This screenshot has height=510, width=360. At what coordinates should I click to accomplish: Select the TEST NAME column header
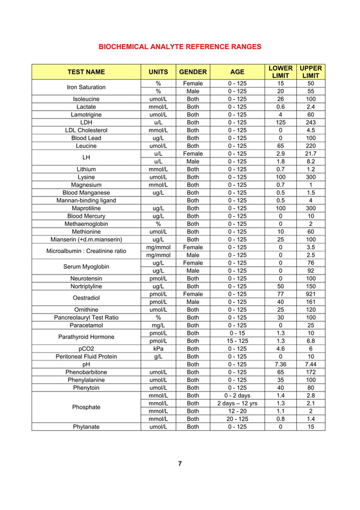[86, 72]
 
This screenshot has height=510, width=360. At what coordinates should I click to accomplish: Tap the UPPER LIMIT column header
[310, 72]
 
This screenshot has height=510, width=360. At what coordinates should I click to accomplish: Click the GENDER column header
[193, 72]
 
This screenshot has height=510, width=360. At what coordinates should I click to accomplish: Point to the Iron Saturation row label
[86, 87]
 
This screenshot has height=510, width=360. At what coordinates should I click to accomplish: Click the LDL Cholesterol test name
[86, 130]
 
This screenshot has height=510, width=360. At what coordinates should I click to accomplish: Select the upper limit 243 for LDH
[310, 121]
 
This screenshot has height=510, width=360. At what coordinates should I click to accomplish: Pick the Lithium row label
[86, 168]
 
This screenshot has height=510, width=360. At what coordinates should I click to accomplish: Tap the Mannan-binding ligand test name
[86, 200]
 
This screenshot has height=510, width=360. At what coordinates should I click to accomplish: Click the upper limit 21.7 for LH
[310, 153]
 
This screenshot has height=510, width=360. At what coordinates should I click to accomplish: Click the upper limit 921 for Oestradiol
[310, 294]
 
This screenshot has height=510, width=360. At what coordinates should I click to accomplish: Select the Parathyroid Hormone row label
[86, 337]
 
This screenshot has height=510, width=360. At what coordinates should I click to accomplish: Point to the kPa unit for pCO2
[159, 348]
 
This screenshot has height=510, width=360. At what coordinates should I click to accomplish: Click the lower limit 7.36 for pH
[280, 364]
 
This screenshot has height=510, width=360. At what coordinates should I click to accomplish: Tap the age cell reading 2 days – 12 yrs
[238, 403]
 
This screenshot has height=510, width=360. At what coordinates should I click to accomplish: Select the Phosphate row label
[86, 407]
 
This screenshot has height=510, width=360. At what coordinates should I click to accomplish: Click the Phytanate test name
[86, 427]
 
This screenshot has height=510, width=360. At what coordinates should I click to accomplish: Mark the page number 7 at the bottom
[179, 464]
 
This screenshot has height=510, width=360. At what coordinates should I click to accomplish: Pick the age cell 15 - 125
[238, 341]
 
